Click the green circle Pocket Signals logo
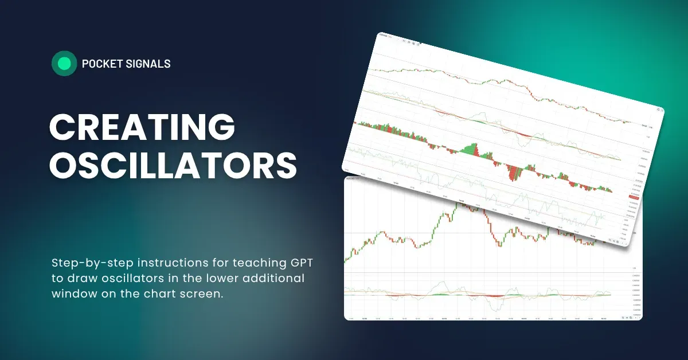click(x=64, y=64)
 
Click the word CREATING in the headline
click(x=142, y=127)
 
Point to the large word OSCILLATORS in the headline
click(x=173, y=166)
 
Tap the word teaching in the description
click(x=231, y=263)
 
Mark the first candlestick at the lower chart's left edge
click(x=345, y=260)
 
